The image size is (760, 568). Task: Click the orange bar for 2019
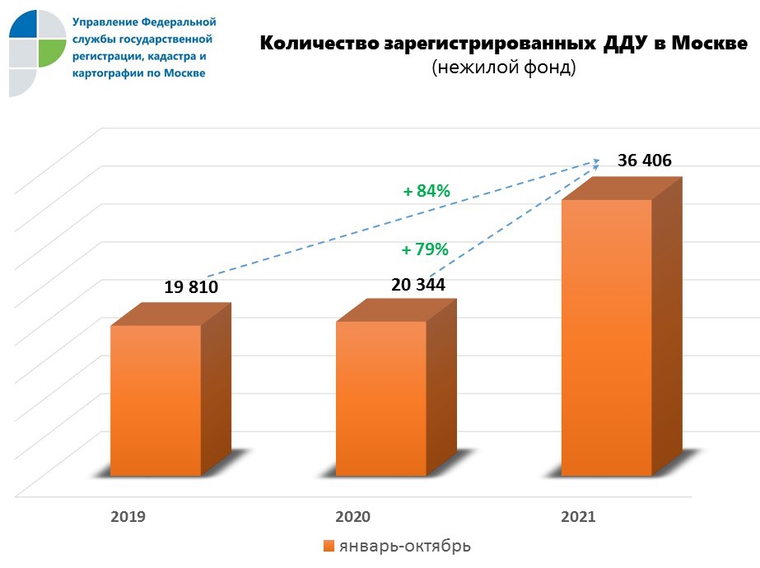coord(156,400)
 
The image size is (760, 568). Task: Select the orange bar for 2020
coord(381,398)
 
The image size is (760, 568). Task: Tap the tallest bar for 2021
coord(606,338)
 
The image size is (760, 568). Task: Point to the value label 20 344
coord(417,285)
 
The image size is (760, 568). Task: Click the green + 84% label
coord(426,191)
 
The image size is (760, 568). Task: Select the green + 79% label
coord(424,249)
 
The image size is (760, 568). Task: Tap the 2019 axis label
coord(128,517)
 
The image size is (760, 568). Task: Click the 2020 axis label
coord(352,517)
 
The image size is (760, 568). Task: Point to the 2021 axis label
coord(578,517)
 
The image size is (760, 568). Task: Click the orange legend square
coord(329,546)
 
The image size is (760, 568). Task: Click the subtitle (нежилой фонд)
coord(503,69)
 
